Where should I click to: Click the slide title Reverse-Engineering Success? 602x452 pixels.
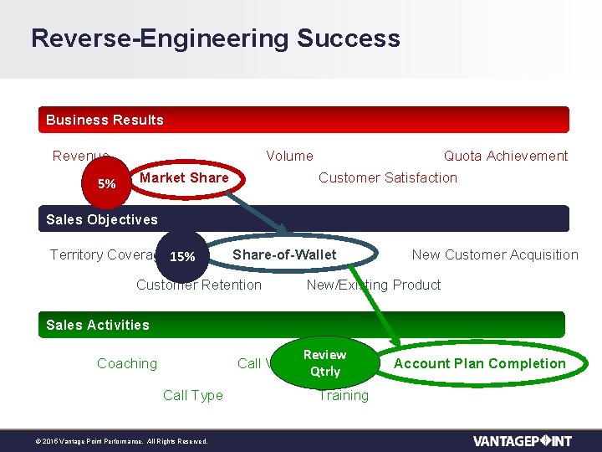(x=215, y=39)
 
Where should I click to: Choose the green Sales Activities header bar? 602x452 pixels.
(x=302, y=325)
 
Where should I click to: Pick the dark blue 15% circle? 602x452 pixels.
(x=182, y=256)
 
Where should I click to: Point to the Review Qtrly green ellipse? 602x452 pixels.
(x=325, y=362)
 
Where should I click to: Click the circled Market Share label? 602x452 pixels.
(x=184, y=177)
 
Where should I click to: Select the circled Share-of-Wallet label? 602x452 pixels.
(x=284, y=254)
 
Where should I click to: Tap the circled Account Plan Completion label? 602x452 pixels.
(x=479, y=363)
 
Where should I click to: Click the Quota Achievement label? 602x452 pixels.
(x=505, y=156)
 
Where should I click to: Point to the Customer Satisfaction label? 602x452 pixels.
(x=388, y=177)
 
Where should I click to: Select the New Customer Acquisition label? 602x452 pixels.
(x=495, y=254)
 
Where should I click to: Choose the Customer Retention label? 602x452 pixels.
(x=199, y=285)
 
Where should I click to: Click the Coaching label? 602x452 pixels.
(x=127, y=363)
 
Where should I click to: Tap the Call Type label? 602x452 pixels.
(x=193, y=395)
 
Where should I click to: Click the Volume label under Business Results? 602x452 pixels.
(x=289, y=156)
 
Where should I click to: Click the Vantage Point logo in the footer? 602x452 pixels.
(x=522, y=440)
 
